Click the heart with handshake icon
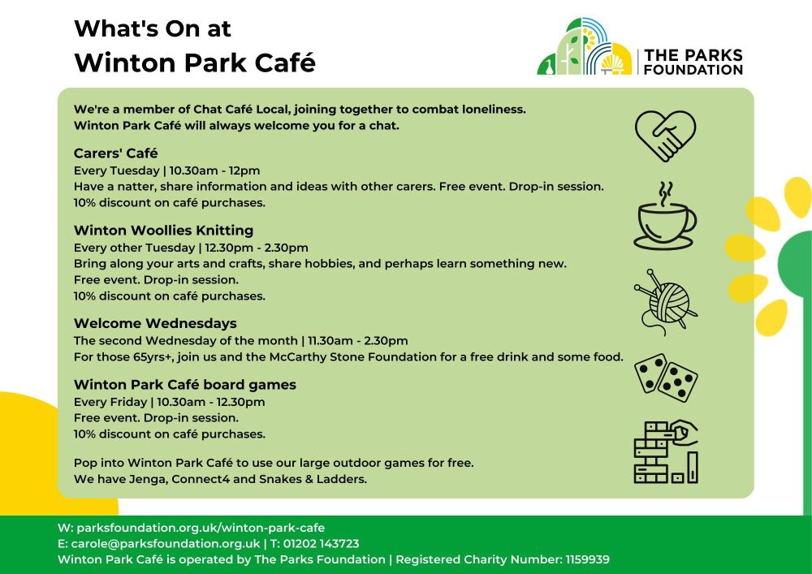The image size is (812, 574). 666,136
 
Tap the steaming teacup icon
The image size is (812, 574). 666,216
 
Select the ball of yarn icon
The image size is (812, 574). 666,302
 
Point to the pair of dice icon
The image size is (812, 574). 666,378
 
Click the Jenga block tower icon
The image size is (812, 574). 666,452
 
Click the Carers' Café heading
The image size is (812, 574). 115,153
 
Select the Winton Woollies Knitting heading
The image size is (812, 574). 164,231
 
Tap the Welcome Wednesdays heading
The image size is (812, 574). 155,323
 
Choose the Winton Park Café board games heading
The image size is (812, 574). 185,385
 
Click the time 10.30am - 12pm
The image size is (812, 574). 214,170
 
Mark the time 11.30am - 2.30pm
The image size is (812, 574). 358,341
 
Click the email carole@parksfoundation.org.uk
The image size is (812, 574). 165,544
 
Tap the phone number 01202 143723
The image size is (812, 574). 321,544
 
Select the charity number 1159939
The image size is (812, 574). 587,559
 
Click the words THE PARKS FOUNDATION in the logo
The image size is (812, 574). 693,63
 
